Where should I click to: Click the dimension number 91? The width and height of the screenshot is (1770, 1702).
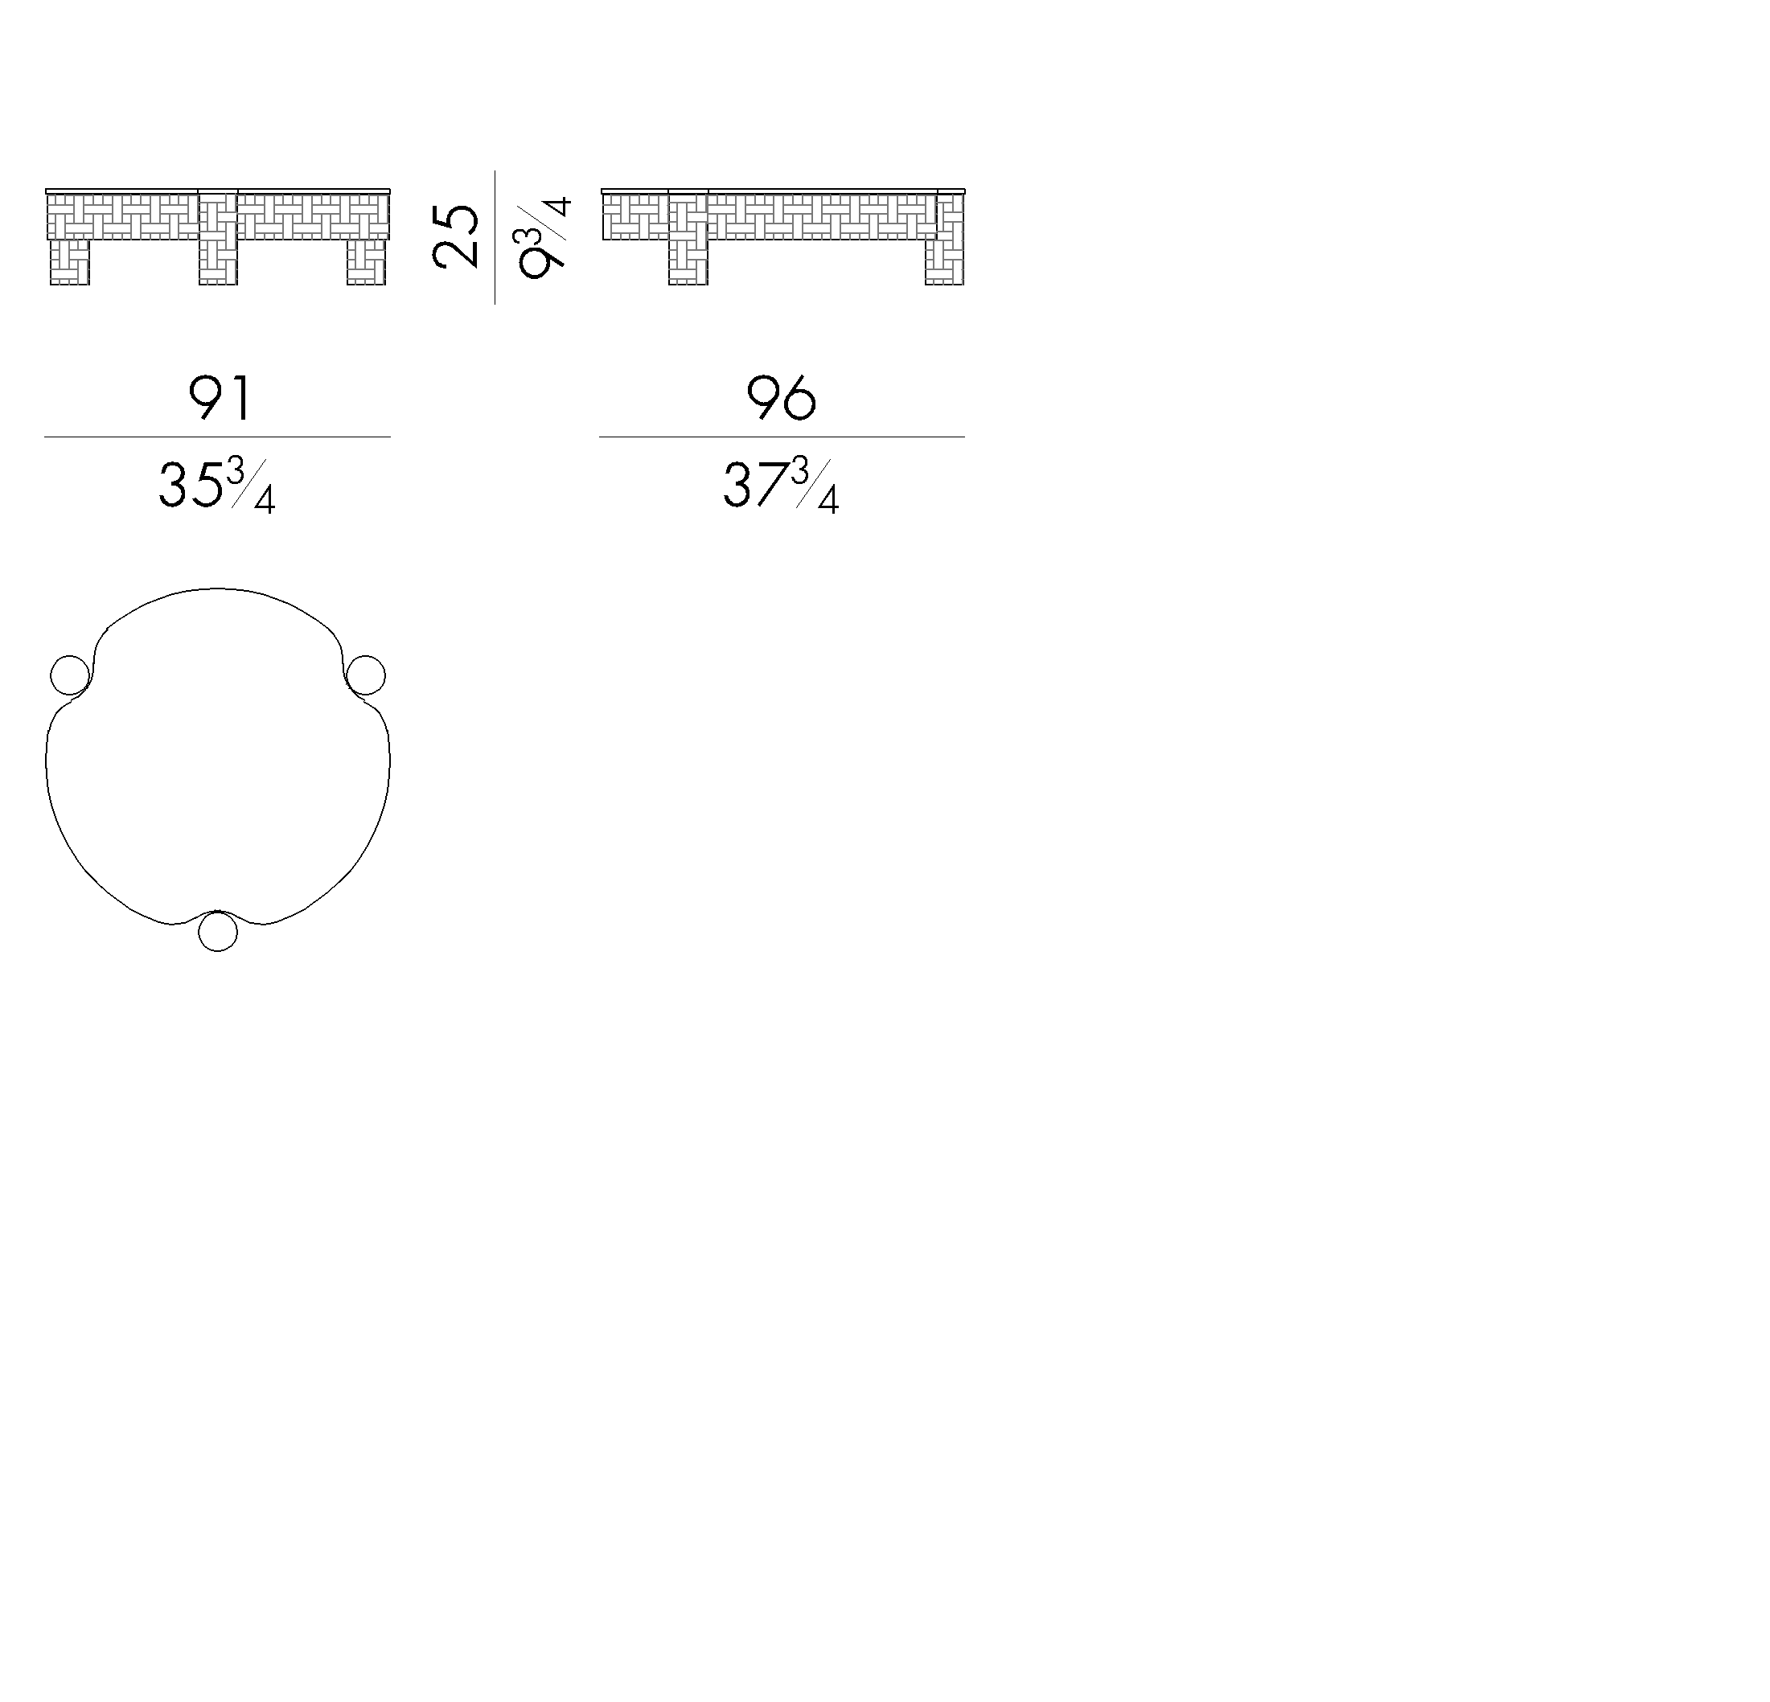click(219, 398)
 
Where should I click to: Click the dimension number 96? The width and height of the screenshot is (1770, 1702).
click(781, 398)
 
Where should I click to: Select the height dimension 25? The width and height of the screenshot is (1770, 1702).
click(456, 236)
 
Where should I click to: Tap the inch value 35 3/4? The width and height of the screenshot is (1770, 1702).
click(217, 486)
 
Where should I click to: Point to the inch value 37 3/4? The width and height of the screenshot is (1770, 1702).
click(781, 486)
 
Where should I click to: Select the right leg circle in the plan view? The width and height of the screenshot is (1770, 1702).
click(366, 675)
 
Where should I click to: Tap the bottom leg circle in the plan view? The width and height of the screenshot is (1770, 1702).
click(218, 931)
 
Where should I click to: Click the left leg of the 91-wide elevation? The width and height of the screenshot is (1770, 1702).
click(69, 262)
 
